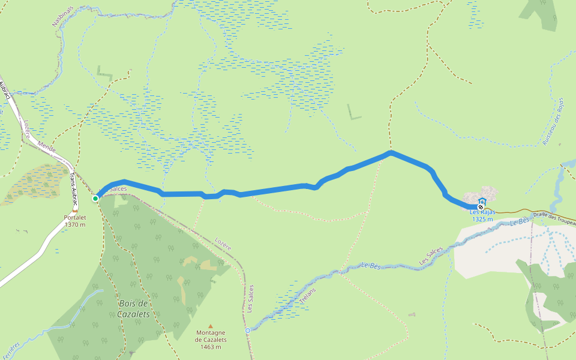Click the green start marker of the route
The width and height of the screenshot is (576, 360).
(95, 198)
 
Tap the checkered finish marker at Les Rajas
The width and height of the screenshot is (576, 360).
(481, 208)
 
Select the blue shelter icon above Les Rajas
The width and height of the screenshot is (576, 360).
(482, 202)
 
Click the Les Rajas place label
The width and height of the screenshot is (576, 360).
(482, 212)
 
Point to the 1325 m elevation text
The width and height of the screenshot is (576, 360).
(482, 219)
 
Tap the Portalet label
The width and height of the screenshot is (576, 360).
(75, 218)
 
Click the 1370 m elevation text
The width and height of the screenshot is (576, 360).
(75, 224)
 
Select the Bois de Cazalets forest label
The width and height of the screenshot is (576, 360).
(133, 308)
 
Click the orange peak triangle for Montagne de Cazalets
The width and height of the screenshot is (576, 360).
(211, 326)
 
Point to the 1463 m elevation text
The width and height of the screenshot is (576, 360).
(211, 347)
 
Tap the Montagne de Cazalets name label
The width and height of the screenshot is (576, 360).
(211, 336)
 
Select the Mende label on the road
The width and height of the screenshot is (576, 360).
(46, 147)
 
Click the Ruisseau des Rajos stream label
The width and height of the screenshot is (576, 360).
(553, 122)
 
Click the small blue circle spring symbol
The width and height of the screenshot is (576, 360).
(247, 330)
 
